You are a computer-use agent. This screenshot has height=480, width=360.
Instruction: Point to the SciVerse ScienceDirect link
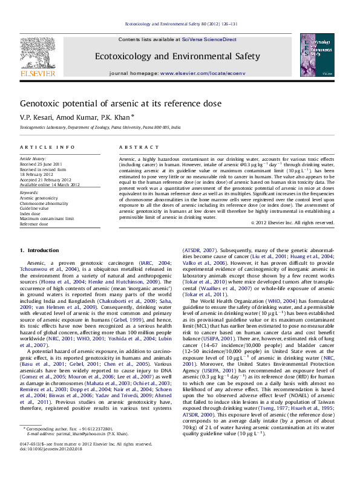(211, 39)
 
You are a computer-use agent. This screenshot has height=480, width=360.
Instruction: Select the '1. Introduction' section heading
(39, 250)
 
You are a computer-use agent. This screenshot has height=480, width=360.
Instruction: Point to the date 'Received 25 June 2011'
(41, 164)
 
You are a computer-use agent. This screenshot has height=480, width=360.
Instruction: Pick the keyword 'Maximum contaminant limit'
(47, 218)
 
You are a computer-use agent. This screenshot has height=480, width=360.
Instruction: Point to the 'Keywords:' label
(29, 193)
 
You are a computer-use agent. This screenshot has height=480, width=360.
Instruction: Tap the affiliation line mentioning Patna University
(100, 128)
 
